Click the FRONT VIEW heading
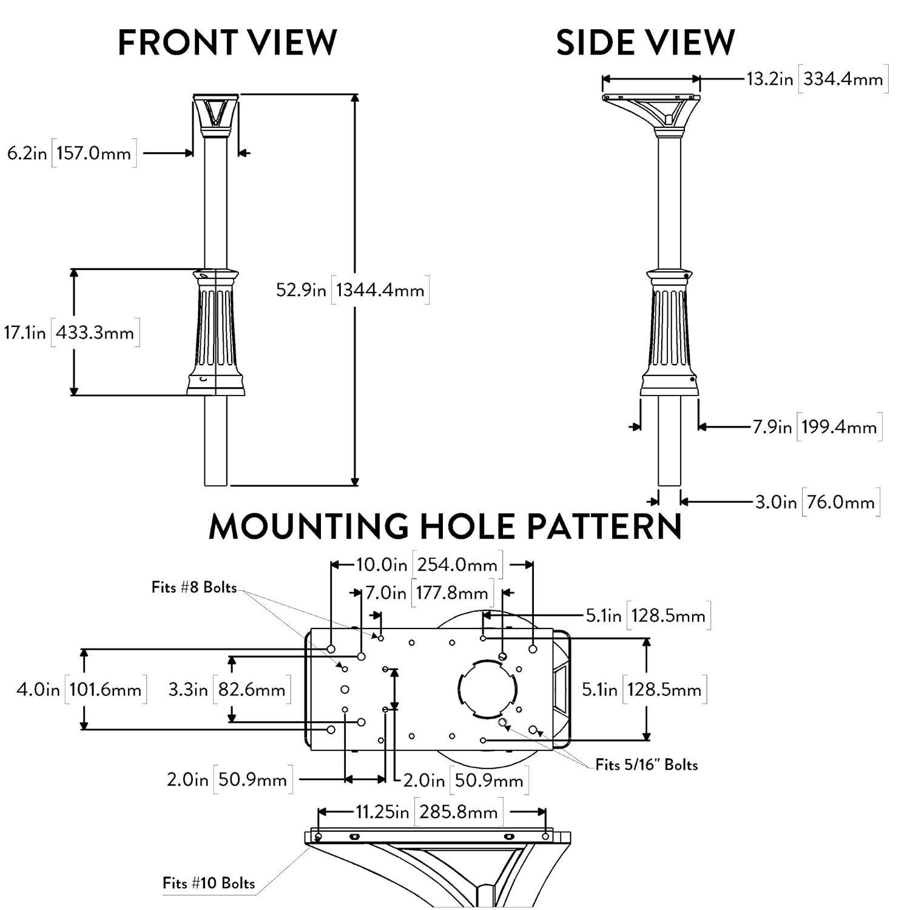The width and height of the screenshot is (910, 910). click(227, 42)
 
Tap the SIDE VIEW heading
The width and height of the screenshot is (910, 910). click(645, 42)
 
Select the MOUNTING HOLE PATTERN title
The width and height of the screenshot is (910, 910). click(445, 526)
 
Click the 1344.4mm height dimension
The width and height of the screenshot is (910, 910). click(380, 290)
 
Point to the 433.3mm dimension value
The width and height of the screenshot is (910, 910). click(95, 332)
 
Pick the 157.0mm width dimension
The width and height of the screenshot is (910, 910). click(94, 153)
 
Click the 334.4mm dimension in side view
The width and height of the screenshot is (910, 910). click(843, 79)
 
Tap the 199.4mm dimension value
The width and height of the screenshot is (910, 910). click(839, 427)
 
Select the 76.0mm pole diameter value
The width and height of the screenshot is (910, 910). click(841, 502)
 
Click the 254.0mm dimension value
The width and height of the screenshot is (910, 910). click(457, 565)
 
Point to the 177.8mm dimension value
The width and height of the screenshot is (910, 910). click(452, 593)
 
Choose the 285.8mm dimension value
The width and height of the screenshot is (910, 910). click(458, 812)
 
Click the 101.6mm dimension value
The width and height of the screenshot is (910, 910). click(106, 690)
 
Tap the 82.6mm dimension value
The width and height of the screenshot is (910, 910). click(252, 690)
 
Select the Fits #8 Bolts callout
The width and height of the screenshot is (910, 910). click(194, 587)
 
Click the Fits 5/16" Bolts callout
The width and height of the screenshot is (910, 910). click(647, 764)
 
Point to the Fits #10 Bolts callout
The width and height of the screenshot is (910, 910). click(209, 883)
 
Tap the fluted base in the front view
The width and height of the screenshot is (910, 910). click(215, 331)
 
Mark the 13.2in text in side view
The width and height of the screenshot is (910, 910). click(769, 79)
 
